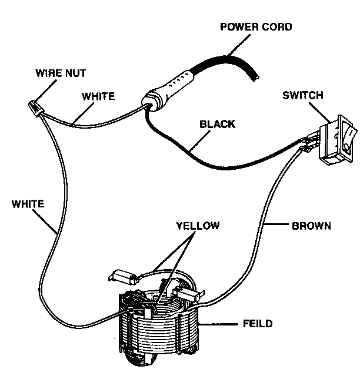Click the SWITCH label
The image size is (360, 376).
click(x=302, y=95)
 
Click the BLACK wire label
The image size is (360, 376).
click(x=218, y=125)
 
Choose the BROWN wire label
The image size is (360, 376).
click(x=311, y=225)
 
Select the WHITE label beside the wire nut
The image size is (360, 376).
click(x=98, y=95)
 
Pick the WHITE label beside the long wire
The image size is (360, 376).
click(x=28, y=204)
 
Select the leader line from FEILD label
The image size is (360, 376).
click(x=221, y=324)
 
